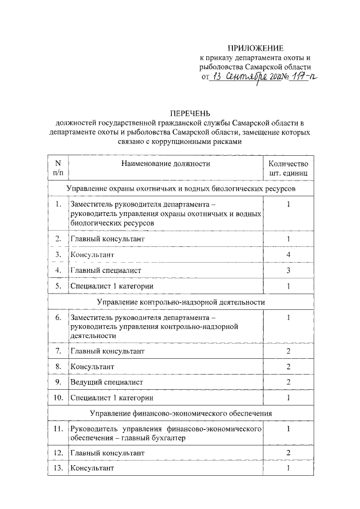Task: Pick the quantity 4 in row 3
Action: (x=288, y=255)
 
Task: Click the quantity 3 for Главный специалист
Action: (x=288, y=271)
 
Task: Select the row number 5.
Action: (x=58, y=286)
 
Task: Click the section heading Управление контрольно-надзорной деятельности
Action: (x=181, y=302)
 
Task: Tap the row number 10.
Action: (x=58, y=398)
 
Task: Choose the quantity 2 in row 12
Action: (x=288, y=452)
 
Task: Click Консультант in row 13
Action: (x=92, y=468)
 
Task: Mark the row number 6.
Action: (x=58, y=317)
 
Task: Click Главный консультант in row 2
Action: (x=107, y=239)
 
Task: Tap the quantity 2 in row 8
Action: (x=288, y=367)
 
